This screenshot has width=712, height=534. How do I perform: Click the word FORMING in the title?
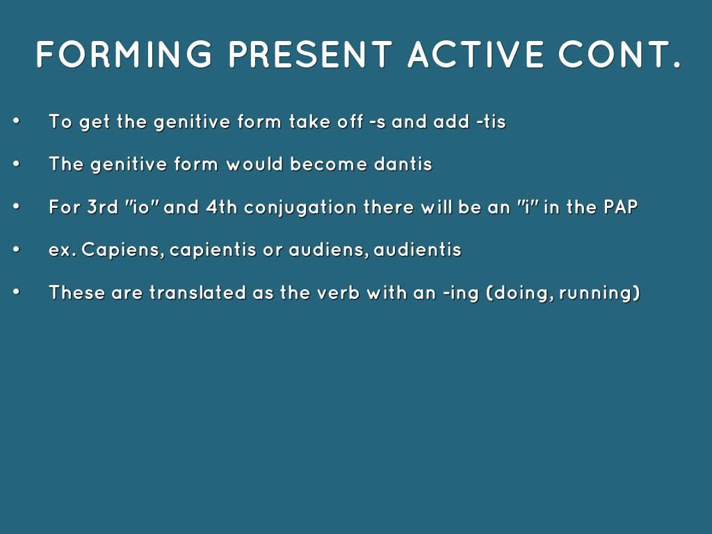124,54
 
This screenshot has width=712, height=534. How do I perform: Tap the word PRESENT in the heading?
311,54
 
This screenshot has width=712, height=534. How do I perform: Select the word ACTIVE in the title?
476,54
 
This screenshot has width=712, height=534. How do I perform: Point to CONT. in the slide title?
620,54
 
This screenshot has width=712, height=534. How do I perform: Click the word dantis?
403,164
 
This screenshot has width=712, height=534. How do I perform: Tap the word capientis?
213,250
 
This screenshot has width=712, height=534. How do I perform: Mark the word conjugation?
300,208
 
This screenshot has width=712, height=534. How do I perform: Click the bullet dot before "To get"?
17,121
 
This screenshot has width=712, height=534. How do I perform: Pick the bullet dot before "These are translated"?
17,292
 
